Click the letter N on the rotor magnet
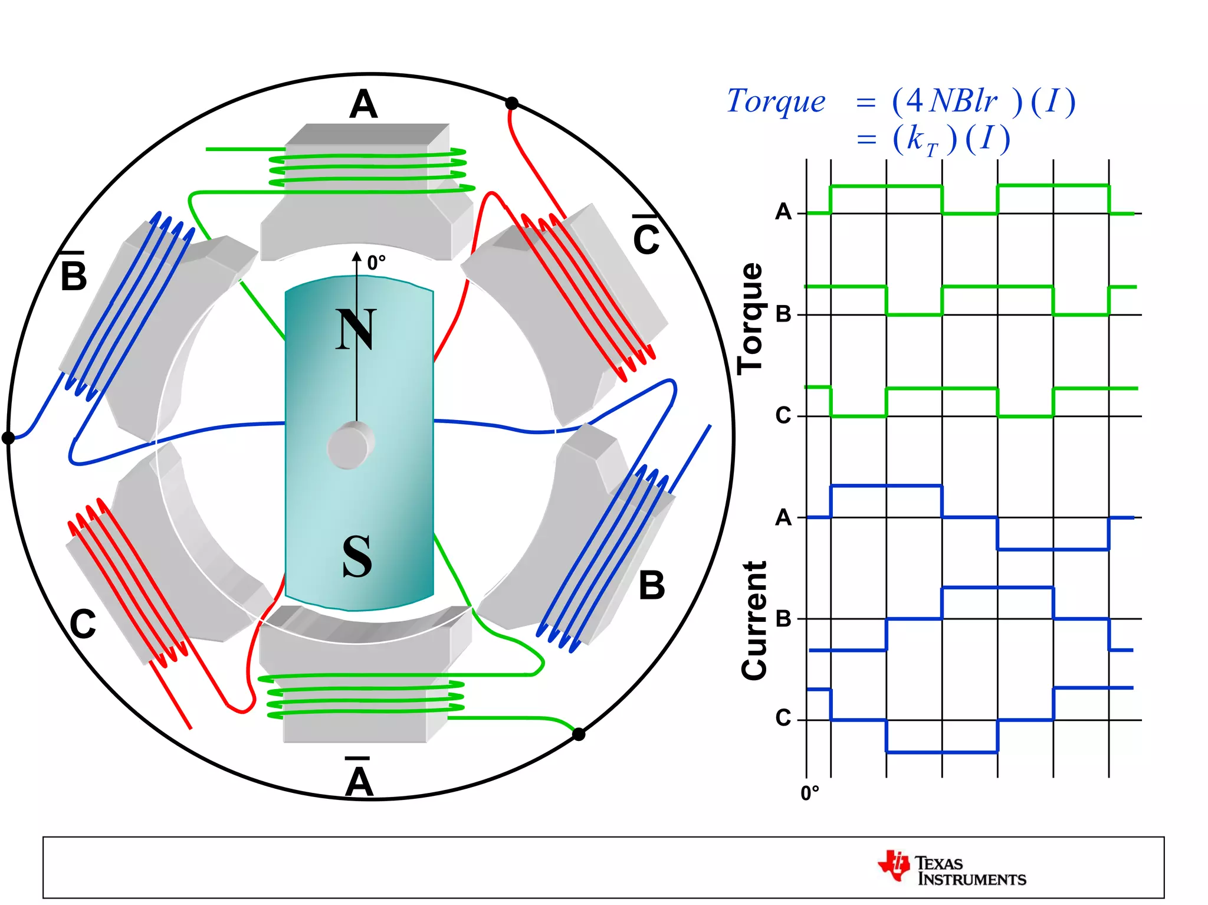coord(356,329)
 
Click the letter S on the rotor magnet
coord(357,556)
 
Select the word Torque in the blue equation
coord(776,101)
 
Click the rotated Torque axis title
coord(751,319)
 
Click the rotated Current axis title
coord(754,621)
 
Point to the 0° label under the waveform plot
coord(810,793)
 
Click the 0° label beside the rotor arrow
coord(376,263)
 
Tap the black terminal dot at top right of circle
coord(512,104)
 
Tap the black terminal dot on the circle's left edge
coord(8,438)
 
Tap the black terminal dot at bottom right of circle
coord(579,735)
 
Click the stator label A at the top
coord(363,104)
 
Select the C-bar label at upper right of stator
coord(646,236)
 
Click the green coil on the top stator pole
coord(369,169)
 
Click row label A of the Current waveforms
coord(783,518)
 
